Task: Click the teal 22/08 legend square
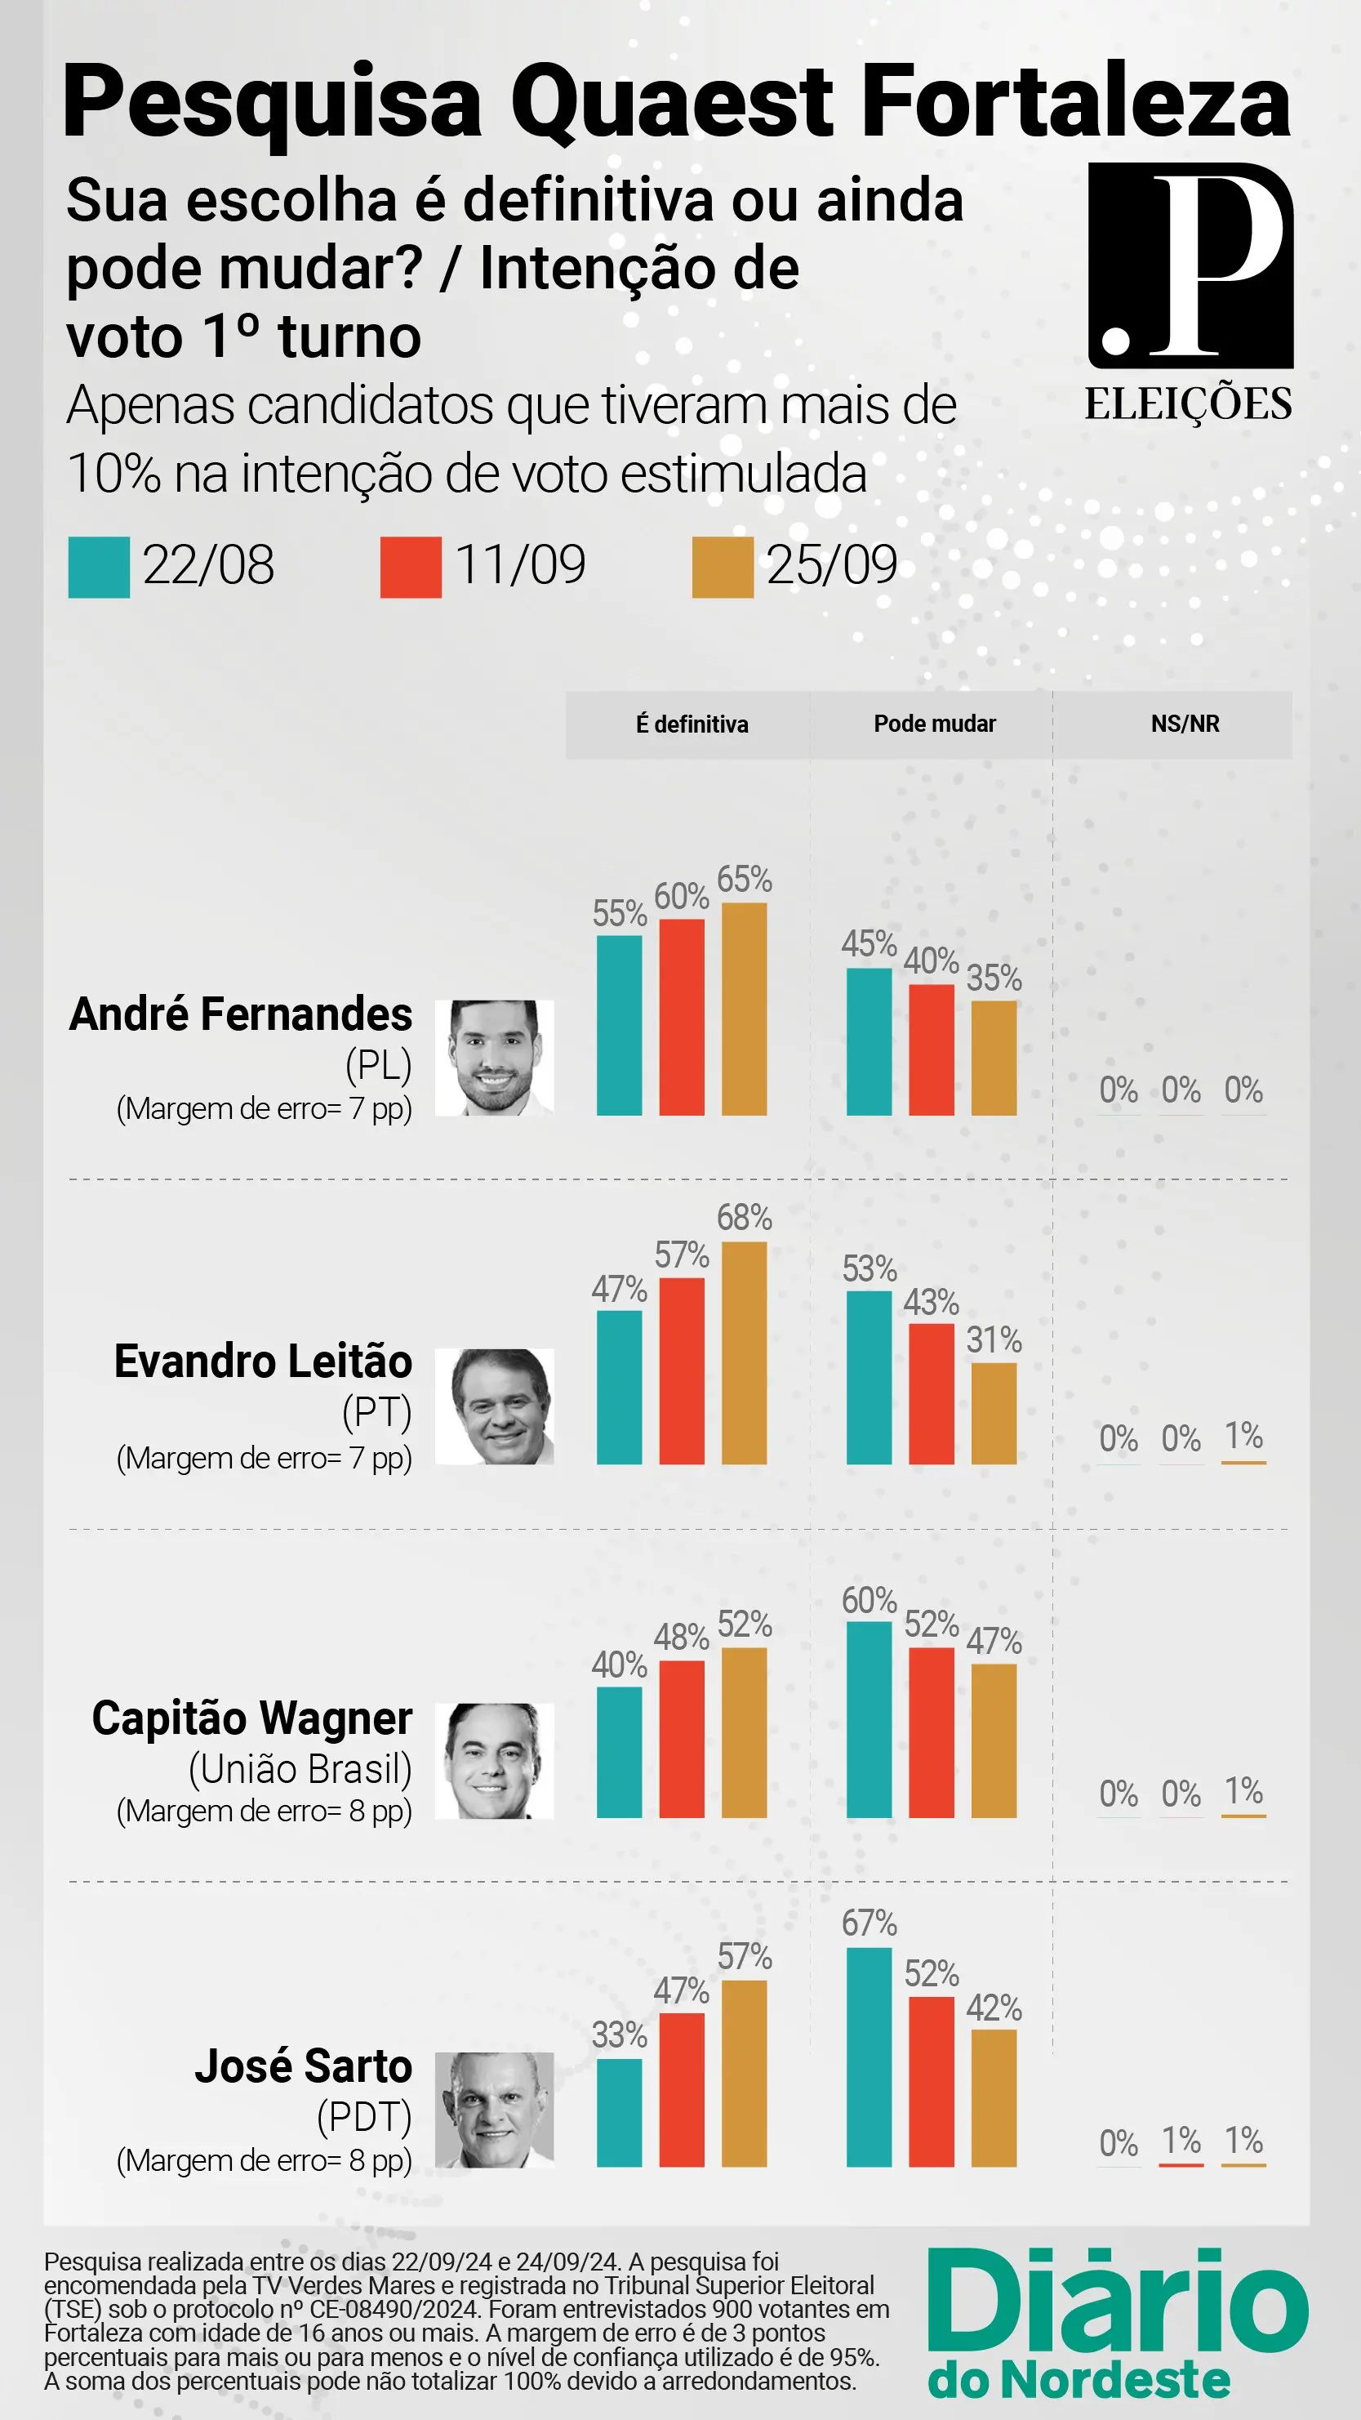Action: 99,568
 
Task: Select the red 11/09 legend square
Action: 411,568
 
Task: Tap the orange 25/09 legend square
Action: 723,568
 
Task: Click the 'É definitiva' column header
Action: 692,724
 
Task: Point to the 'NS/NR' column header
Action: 1185,724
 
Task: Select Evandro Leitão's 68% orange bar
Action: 744,1353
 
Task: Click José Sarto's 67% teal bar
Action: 869,2057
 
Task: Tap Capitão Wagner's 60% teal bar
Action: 869,1719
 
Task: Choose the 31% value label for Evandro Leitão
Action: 994,1339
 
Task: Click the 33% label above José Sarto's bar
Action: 619,2034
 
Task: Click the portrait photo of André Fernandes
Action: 494,1058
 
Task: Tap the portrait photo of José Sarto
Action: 494,2110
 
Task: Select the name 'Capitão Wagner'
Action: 251,1719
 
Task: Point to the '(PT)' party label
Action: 376,1412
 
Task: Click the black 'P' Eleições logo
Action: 1190,266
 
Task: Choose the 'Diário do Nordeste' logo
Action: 1117,2322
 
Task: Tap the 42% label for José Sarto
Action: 994,2008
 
